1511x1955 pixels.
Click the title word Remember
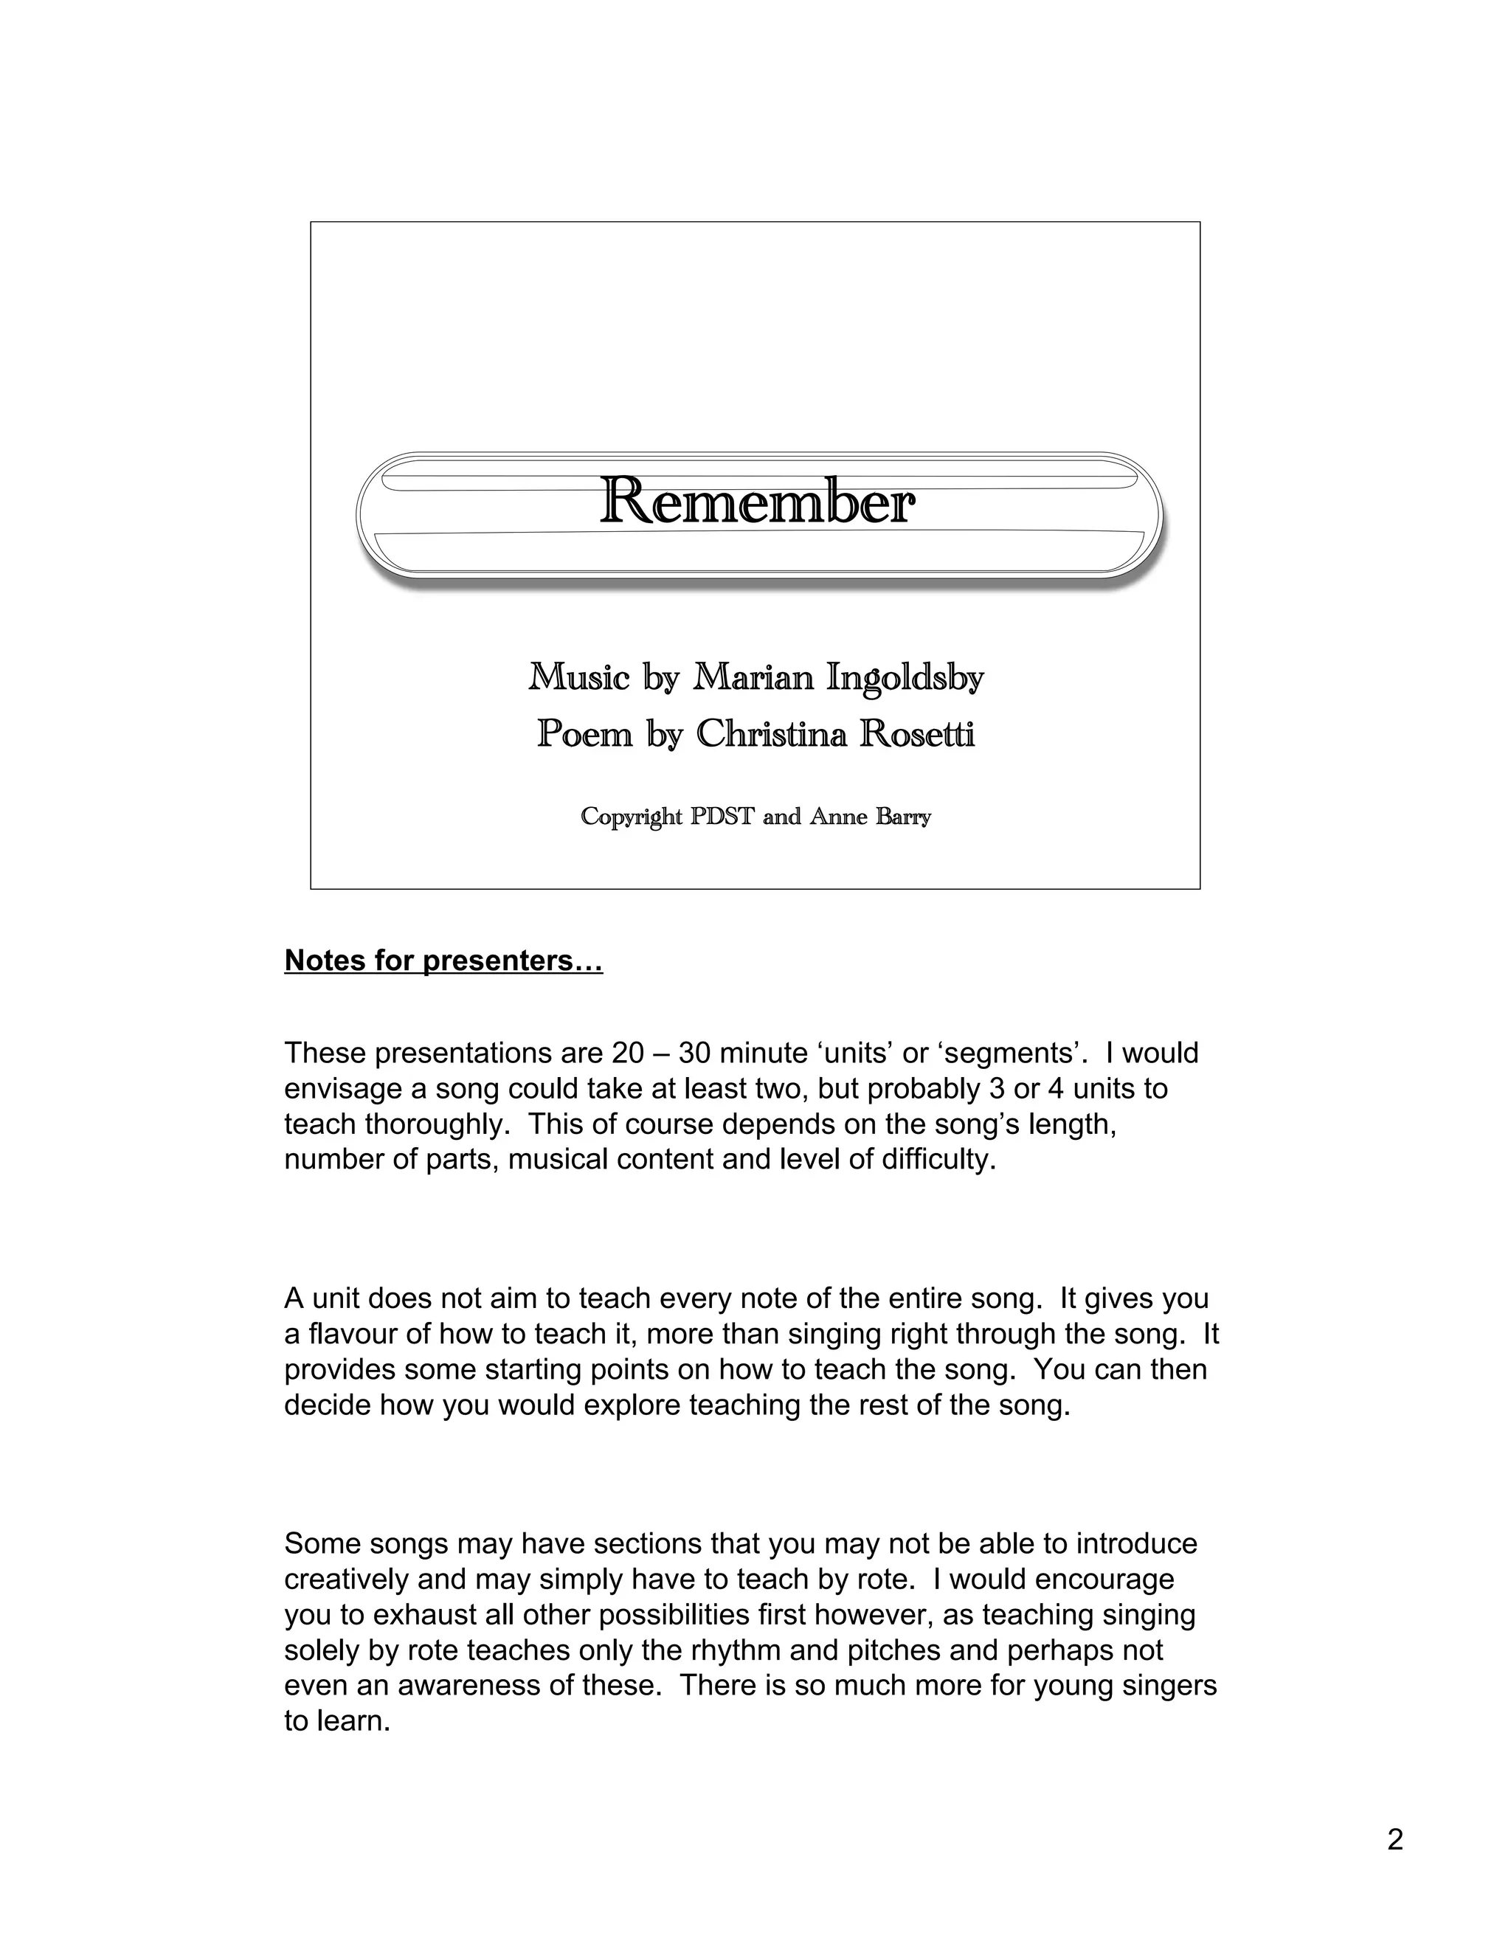click(756, 503)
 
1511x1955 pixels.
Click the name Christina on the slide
click(771, 735)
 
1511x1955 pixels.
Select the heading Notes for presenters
click(443, 961)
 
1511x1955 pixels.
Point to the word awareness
click(466, 1686)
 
